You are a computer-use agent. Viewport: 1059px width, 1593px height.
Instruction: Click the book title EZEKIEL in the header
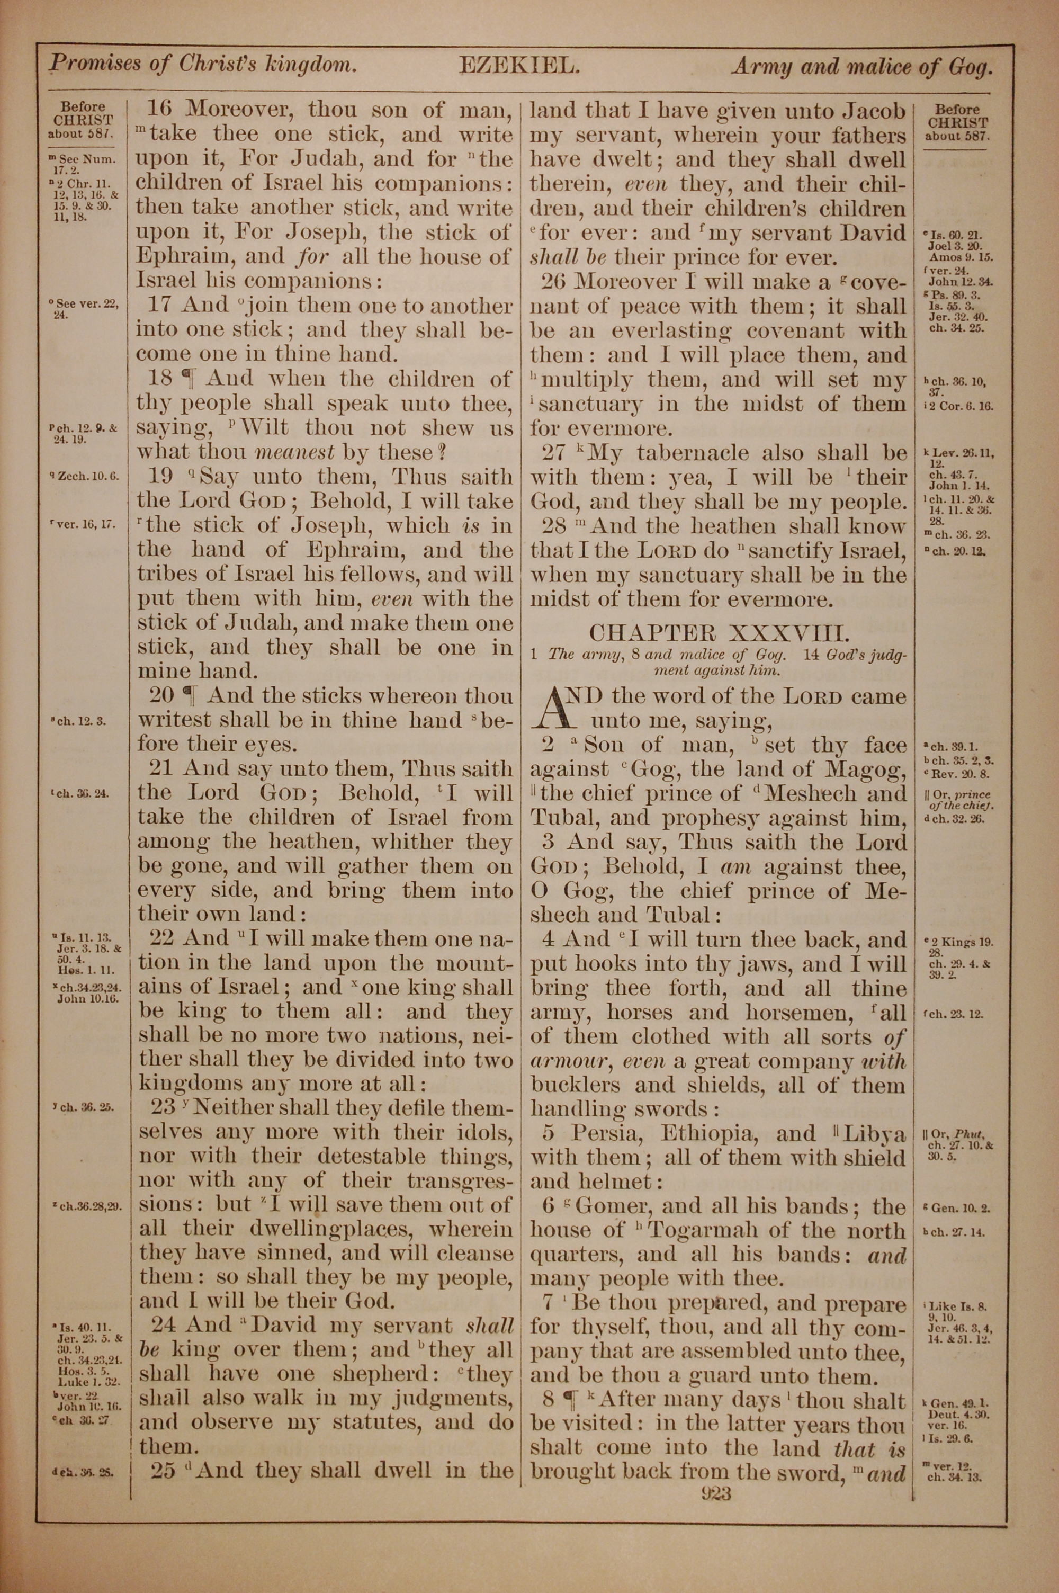[519, 66]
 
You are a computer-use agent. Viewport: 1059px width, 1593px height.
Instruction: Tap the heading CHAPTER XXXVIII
[717, 633]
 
